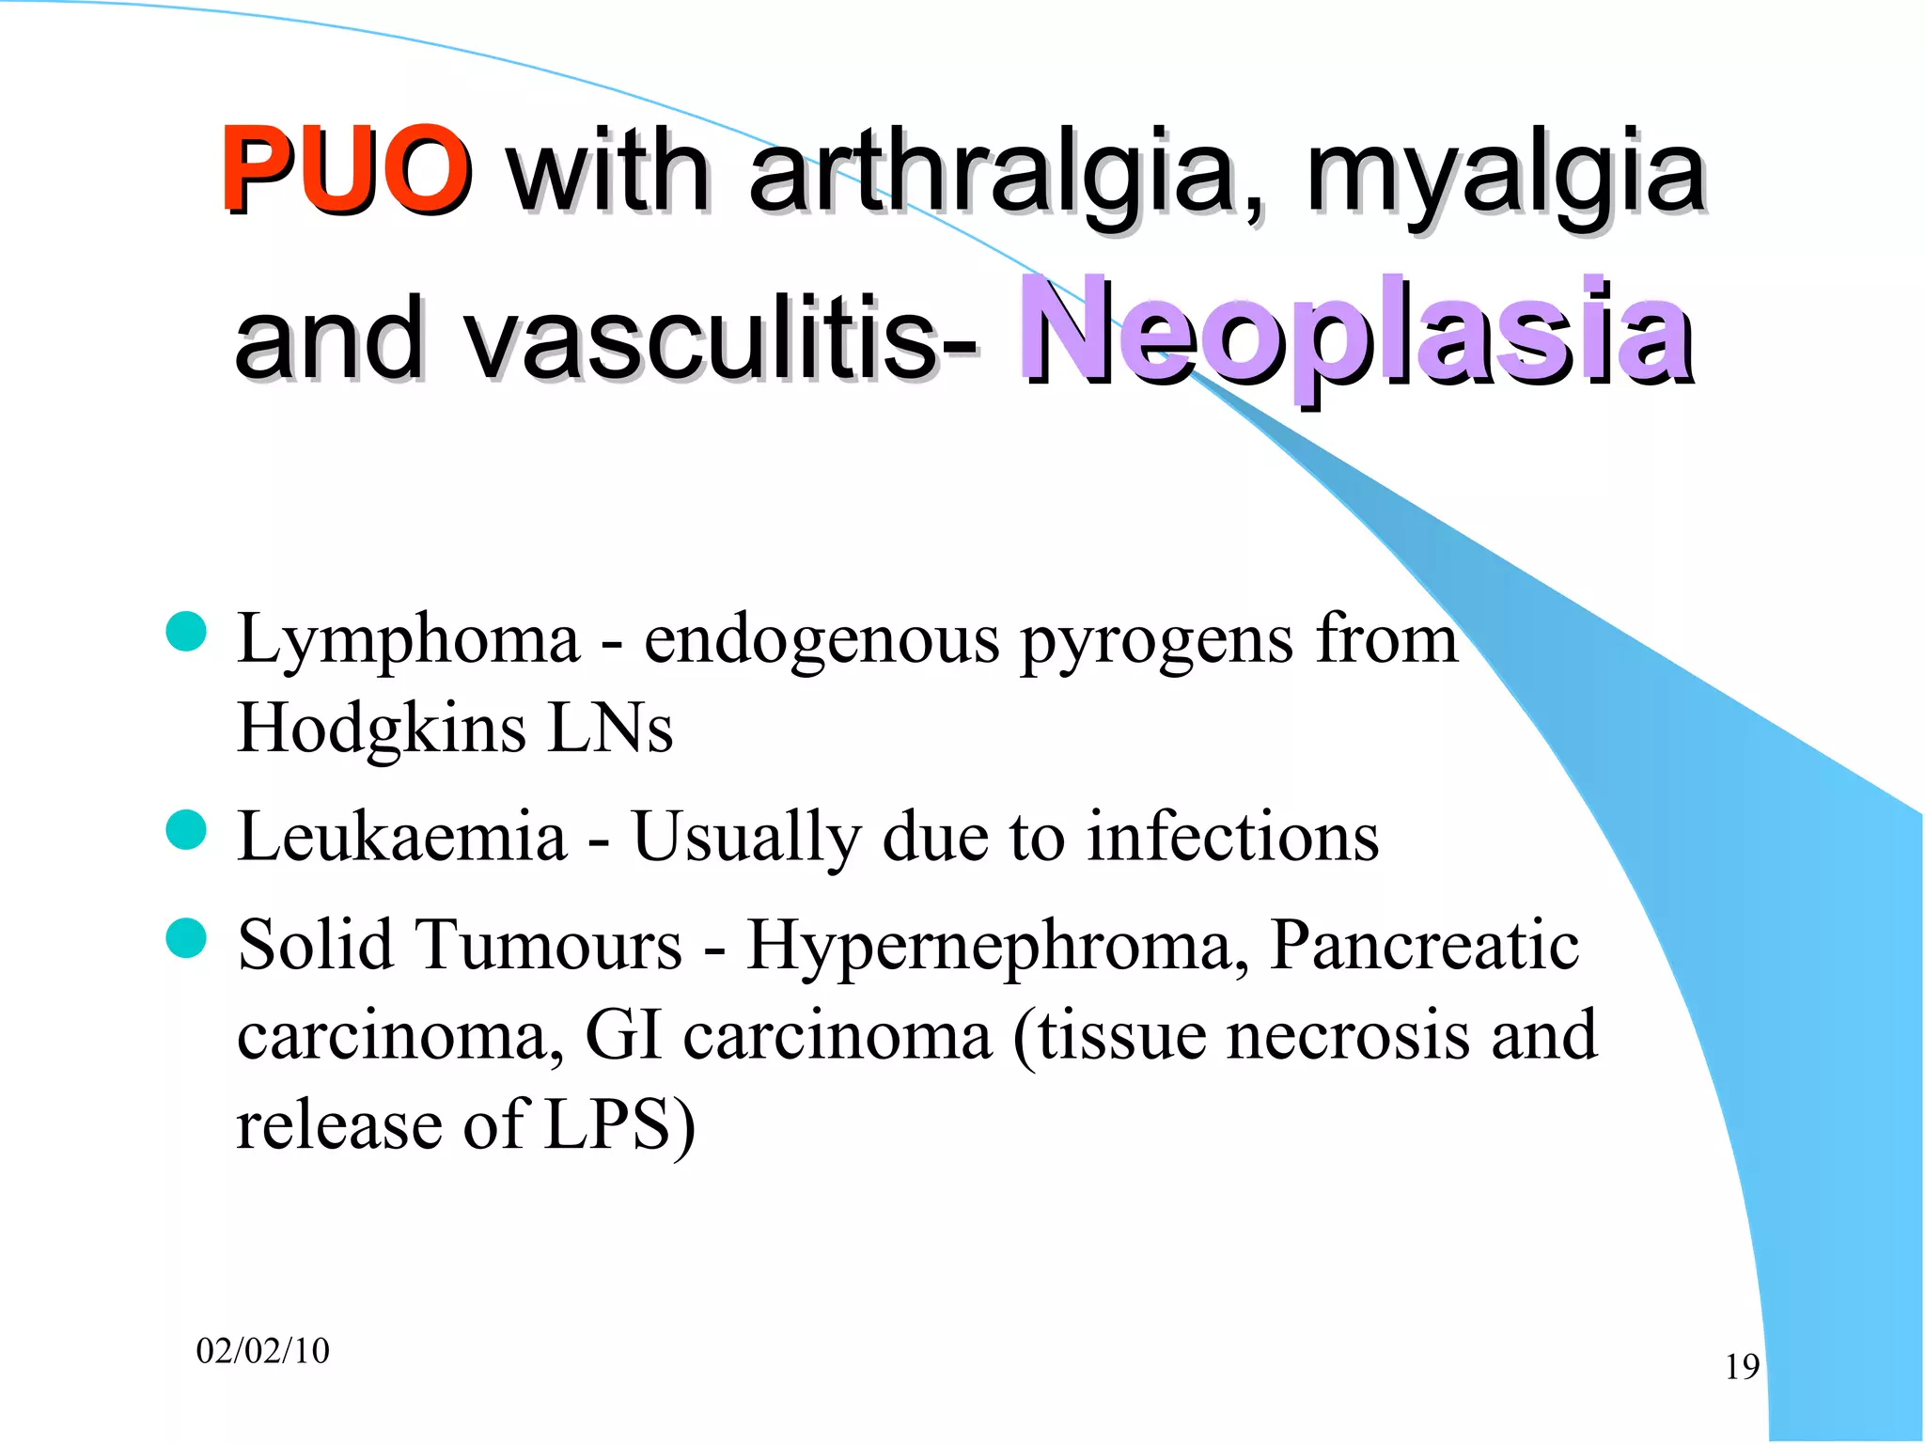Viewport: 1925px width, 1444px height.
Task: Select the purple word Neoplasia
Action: [x=1355, y=333]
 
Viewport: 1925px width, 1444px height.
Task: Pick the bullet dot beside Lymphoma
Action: [x=186, y=632]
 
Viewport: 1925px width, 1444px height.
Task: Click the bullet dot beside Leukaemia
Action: [x=186, y=829]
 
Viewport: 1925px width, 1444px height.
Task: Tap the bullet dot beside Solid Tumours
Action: [x=186, y=937]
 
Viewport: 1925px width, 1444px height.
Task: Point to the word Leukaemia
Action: [x=402, y=836]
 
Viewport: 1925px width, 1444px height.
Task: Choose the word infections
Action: [x=1233, y=836]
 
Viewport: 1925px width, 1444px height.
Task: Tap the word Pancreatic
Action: [x=1424, y=944]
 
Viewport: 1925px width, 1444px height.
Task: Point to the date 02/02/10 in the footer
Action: [x=263, y=1351]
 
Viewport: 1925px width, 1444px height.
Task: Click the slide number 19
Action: [x=1742, y=1367]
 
